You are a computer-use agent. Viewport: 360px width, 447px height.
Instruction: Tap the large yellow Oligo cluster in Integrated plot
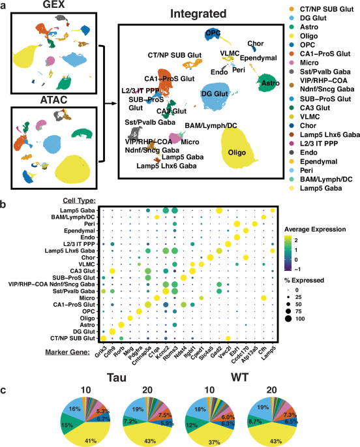coord(244,153)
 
